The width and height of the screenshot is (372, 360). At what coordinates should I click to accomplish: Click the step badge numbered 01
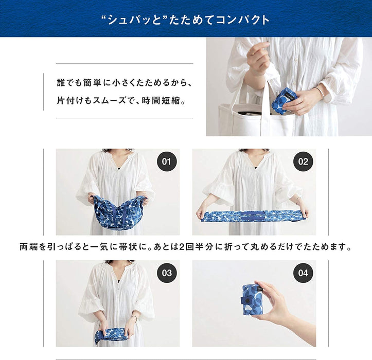click(x=166, y=162)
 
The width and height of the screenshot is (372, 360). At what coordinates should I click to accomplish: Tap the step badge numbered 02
click(x=303, y=162)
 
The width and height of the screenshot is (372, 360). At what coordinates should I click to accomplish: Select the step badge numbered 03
click(x=166, y=273)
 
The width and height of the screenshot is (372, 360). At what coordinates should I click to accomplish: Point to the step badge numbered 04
click(x=303, y=273)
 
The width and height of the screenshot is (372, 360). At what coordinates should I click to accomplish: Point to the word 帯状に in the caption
click(x=131, y=247)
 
